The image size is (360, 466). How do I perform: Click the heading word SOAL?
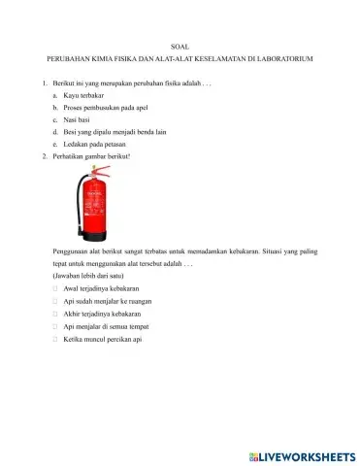[180, 48]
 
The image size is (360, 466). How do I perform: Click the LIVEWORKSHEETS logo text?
[304, 453]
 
